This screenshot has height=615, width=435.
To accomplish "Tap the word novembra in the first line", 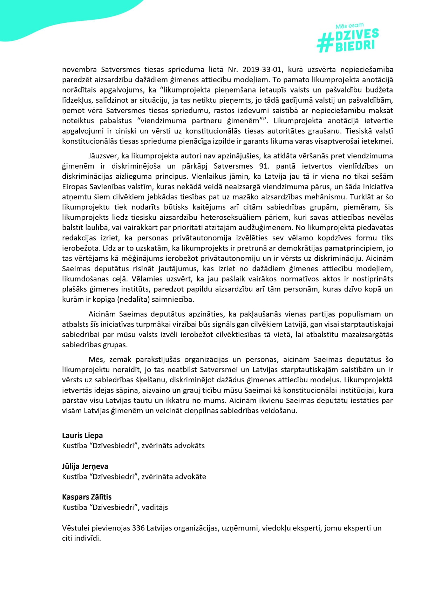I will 78,69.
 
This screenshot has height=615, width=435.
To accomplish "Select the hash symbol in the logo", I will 325,44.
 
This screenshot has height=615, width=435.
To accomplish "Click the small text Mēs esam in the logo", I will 349,26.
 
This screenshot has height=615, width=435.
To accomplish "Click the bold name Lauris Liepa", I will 82,436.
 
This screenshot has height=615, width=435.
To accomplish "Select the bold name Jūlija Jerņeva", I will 85,466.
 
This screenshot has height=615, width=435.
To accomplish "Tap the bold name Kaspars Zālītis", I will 87,497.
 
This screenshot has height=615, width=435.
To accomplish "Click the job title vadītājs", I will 155,507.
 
